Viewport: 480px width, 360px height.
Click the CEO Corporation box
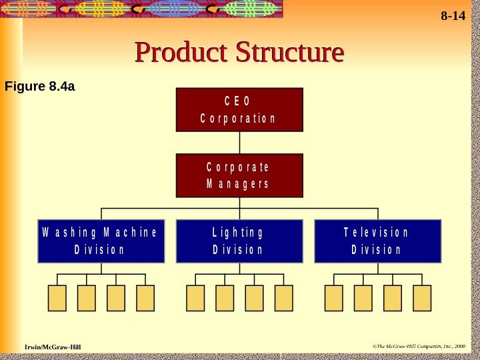coord(239,110)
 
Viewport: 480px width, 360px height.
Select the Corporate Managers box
coord(239,175)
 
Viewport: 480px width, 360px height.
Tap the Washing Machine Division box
coord(101,241)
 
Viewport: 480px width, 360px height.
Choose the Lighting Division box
coord(239,241)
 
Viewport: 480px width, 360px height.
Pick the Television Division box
coord(377,241)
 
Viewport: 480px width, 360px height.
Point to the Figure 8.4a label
coord(39,86)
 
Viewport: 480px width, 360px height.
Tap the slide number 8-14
coord(453,16)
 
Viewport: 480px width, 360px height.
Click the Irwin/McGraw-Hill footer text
coord(53,347)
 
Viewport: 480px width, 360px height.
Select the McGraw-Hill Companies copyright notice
coord(419,347)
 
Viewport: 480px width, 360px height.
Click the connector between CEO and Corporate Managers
coord(239,143)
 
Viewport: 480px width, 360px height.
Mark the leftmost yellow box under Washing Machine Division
coord(57,298)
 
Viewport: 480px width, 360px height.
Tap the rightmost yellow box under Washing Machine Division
coord(145,298)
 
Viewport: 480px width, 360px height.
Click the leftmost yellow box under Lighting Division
coord(195,298)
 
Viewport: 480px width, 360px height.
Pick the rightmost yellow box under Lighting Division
coord(283,298)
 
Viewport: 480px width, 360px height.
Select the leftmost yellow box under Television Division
coord(334,298)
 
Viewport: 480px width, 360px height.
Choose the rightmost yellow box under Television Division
coord(422,298)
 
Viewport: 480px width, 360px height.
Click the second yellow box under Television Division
coord(363,298)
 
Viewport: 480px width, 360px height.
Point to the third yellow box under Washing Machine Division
coord(116,298)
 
